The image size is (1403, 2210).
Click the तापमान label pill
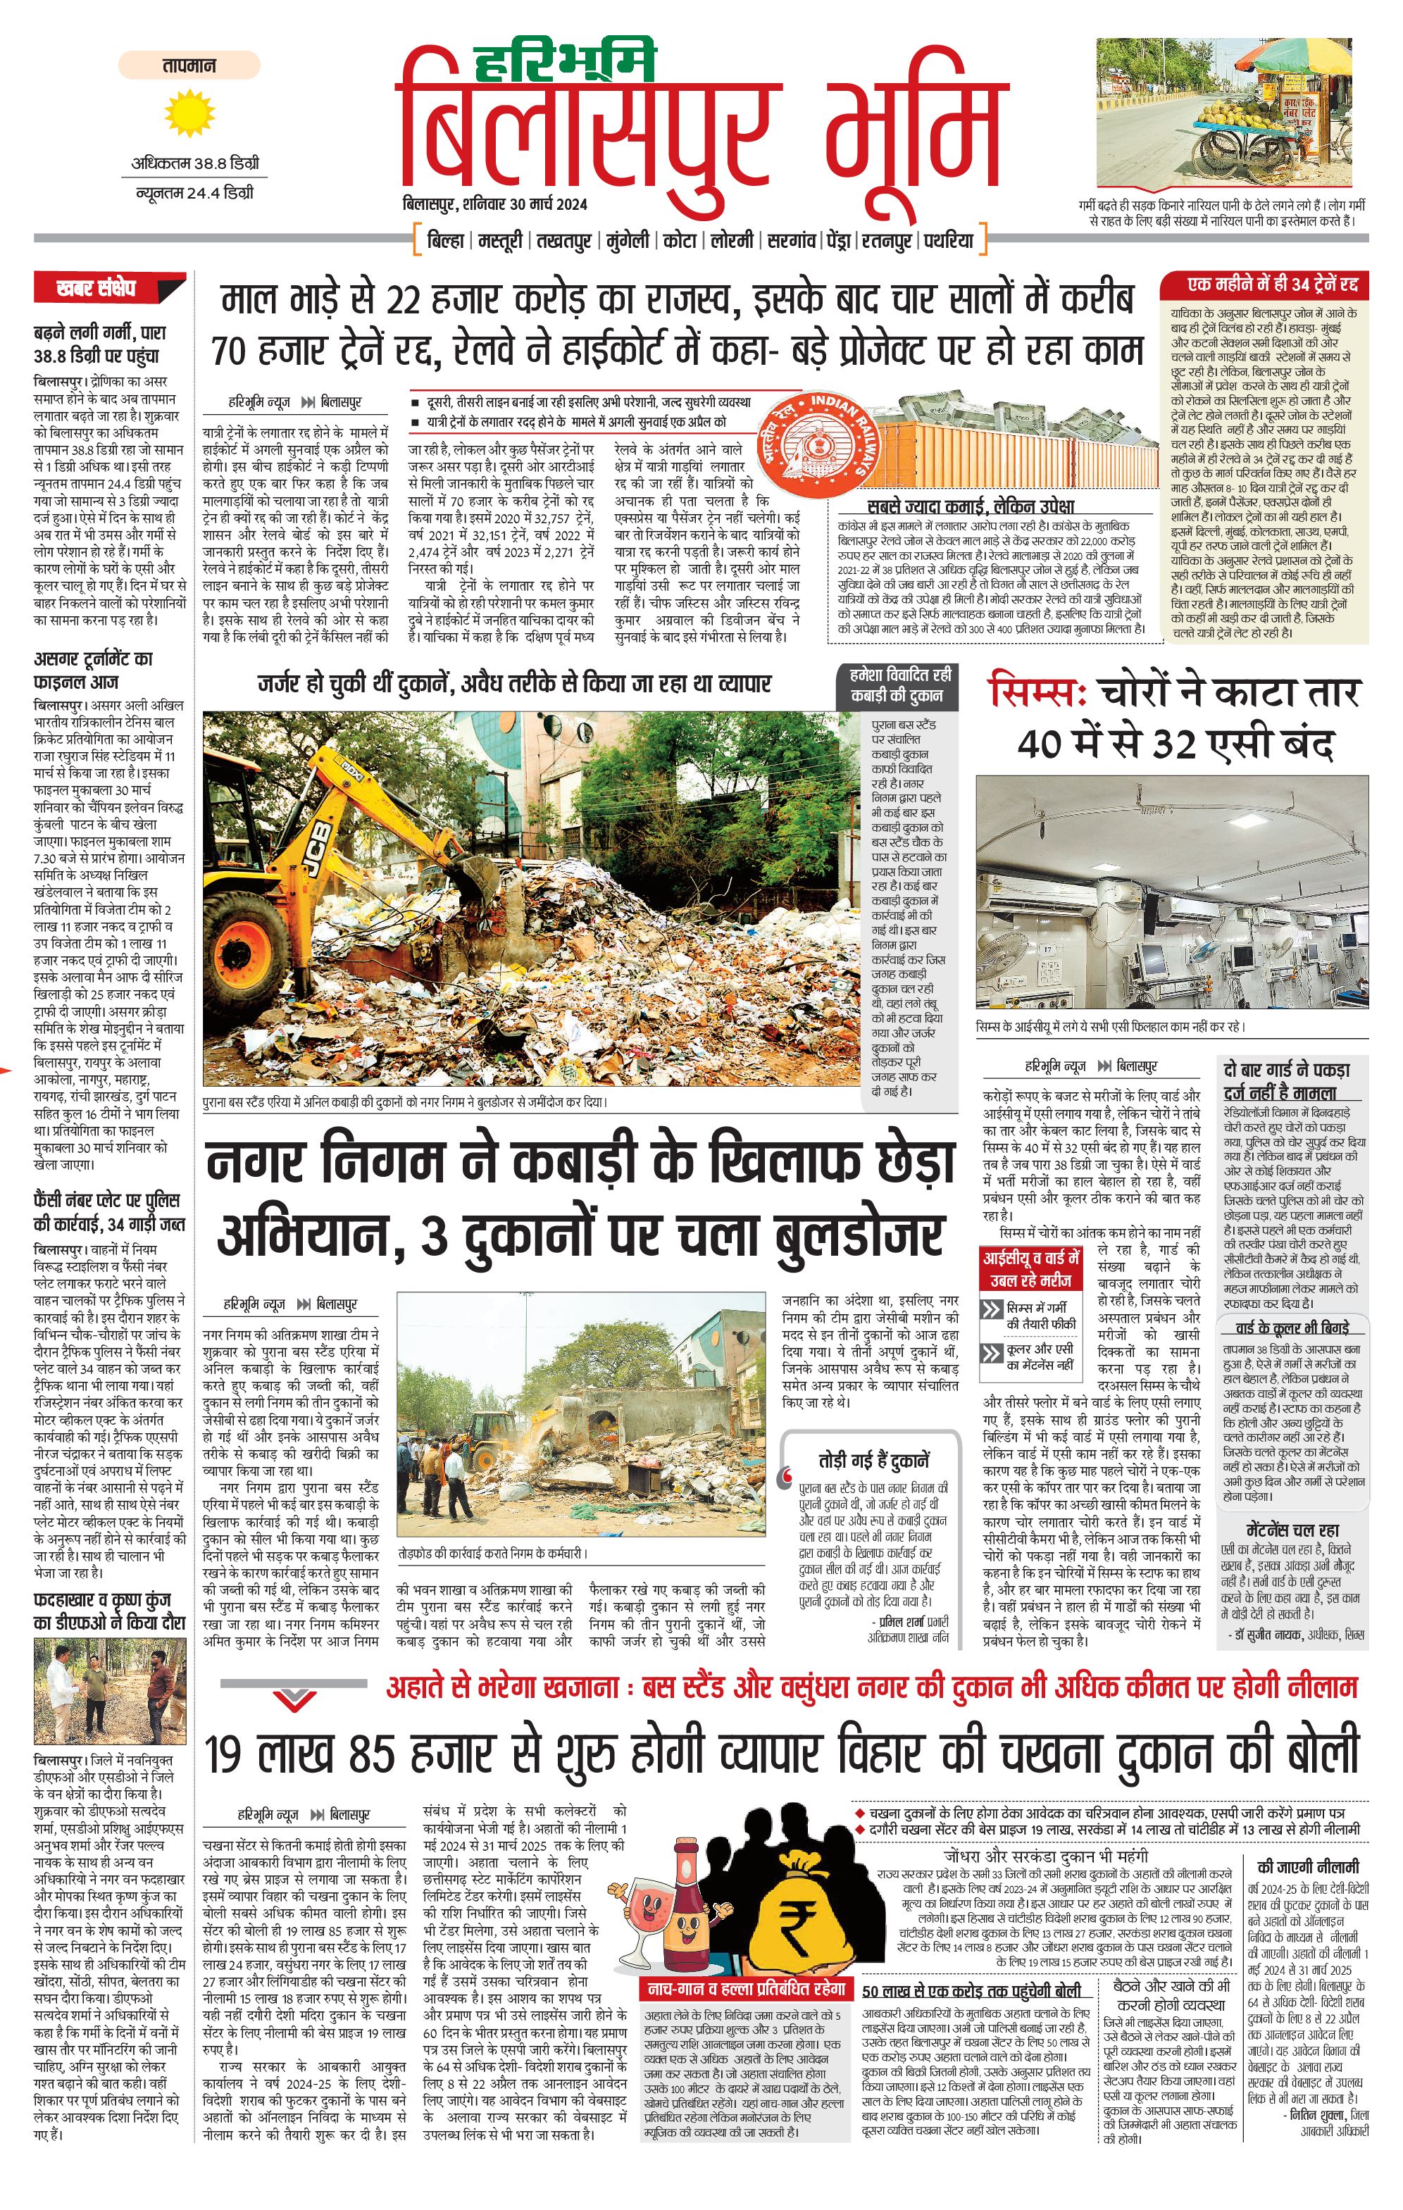point(189,65)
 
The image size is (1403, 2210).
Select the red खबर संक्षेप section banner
point(109,287)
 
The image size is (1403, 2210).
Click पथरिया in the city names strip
point(948,240)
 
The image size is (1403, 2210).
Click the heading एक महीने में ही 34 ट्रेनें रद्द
point(1272,285)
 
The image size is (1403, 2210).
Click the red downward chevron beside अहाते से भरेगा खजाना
point(296,1699)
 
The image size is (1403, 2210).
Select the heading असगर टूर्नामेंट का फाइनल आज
point(94,670)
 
